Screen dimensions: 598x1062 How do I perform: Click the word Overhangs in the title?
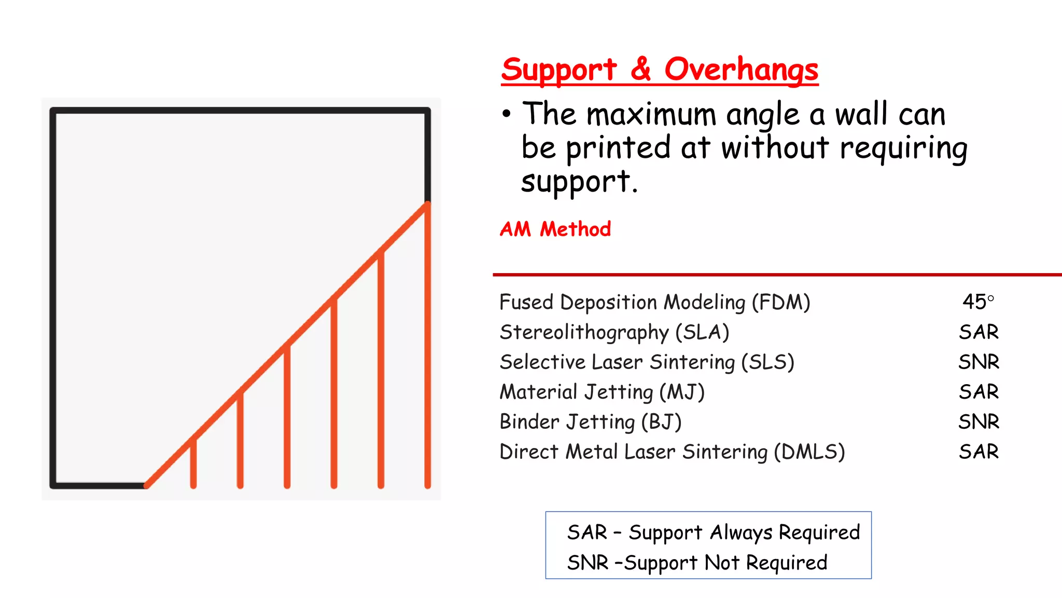741,70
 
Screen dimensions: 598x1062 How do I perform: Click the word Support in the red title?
559,70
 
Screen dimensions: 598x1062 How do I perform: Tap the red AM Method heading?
555,229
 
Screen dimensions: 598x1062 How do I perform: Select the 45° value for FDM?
978,302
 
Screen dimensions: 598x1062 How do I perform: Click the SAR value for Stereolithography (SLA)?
978,332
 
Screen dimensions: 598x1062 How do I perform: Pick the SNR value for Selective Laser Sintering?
978,362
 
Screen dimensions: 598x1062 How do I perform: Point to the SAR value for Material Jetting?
978,391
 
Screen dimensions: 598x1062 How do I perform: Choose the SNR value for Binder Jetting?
978,422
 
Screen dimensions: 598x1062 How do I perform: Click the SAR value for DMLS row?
978,452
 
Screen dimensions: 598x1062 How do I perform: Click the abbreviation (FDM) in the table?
781,302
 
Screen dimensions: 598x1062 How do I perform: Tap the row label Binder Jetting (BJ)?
590,422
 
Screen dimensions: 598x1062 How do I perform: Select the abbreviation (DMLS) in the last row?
809,452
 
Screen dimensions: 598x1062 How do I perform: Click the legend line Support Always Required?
714,533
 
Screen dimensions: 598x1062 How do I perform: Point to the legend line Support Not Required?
697,563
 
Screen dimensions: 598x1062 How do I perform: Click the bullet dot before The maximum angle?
507,114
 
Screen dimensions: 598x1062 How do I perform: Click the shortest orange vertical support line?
193,464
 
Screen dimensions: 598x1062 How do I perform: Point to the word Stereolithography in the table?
584,332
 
